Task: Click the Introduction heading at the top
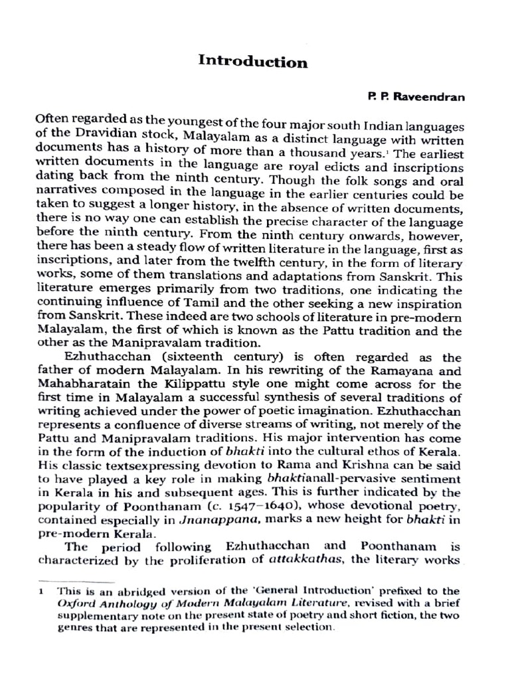coord(253,62)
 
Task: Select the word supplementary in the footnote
coord(97,615)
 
